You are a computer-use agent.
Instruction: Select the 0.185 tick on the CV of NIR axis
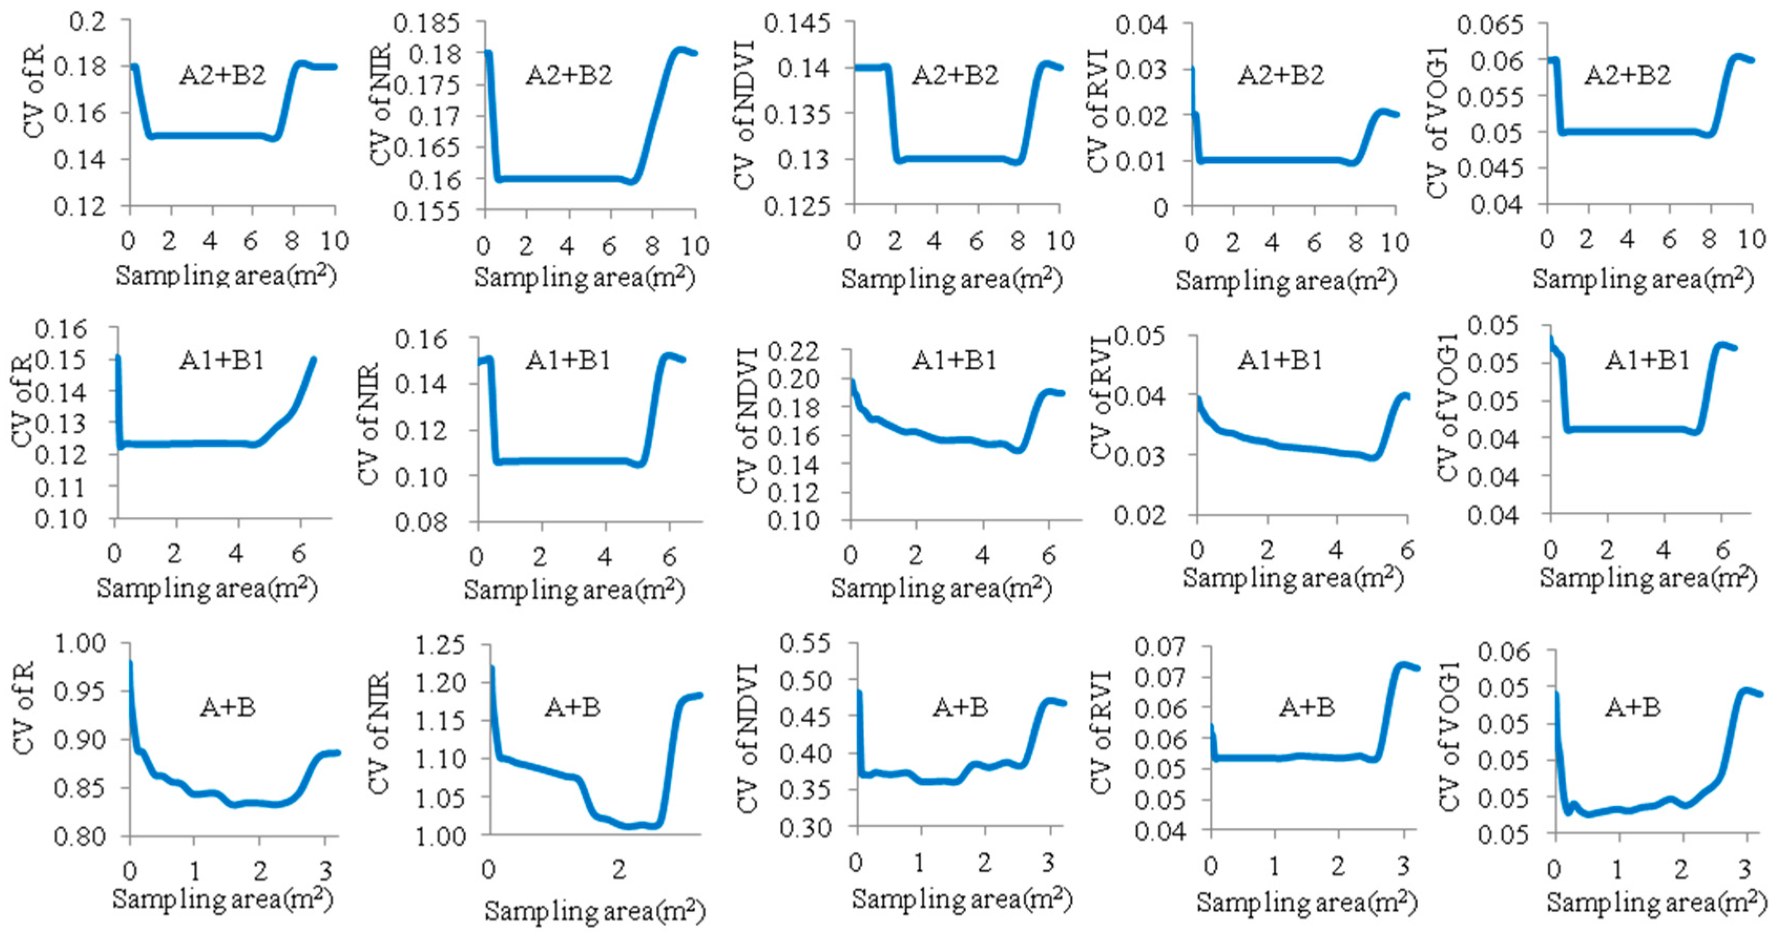(x=426, y=24)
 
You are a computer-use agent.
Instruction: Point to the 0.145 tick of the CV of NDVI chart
(x=797, y=24)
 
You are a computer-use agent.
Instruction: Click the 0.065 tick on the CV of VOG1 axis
(x=1490, y=26)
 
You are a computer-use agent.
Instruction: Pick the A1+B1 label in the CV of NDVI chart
(x=954, y=360)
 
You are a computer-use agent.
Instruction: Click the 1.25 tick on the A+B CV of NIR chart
(x=439, y=646)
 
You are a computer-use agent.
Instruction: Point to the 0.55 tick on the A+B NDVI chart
(x=805, y=644)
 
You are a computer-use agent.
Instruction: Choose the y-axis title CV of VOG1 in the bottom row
(x=1448, y=735)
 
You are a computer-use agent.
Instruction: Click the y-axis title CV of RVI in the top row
(x=1097, y=111)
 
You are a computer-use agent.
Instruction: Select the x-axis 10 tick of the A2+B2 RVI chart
(x=1395, y=243)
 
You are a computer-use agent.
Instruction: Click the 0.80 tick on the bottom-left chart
(x=81, y=837)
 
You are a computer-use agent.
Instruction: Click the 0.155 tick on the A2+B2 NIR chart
(x=426, y=210)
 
